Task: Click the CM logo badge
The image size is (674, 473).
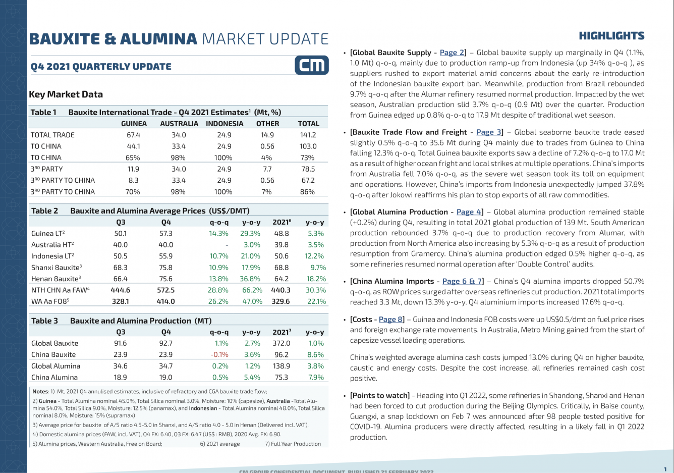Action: coord(311,65)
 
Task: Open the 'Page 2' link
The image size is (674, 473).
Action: coord(452,52)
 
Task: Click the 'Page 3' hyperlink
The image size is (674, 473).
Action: coord(488,132)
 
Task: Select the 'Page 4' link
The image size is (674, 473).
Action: coord(469,212)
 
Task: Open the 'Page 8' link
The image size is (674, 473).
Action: coord(390,320)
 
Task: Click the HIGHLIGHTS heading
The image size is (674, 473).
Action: coord(611,36)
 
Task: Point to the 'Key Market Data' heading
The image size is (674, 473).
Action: coord(66,94)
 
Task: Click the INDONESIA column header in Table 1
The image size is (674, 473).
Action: coord(224,124)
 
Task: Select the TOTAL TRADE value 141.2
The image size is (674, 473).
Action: coord(308,135)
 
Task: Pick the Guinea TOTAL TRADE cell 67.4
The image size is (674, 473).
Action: coord(133,135)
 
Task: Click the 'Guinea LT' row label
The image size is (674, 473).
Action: coord(47,234)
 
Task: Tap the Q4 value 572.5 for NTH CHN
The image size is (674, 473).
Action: coord(165,290)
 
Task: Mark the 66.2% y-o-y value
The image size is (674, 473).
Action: coord(252,290)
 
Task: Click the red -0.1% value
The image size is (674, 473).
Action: coord(219,354)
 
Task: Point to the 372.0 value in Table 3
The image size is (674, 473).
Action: coord(281,343)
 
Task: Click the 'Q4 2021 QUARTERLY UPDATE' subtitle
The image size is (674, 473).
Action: coord(101,67)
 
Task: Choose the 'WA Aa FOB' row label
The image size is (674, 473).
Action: coord(50,301)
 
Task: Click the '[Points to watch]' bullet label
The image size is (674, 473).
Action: coord(379,396)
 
